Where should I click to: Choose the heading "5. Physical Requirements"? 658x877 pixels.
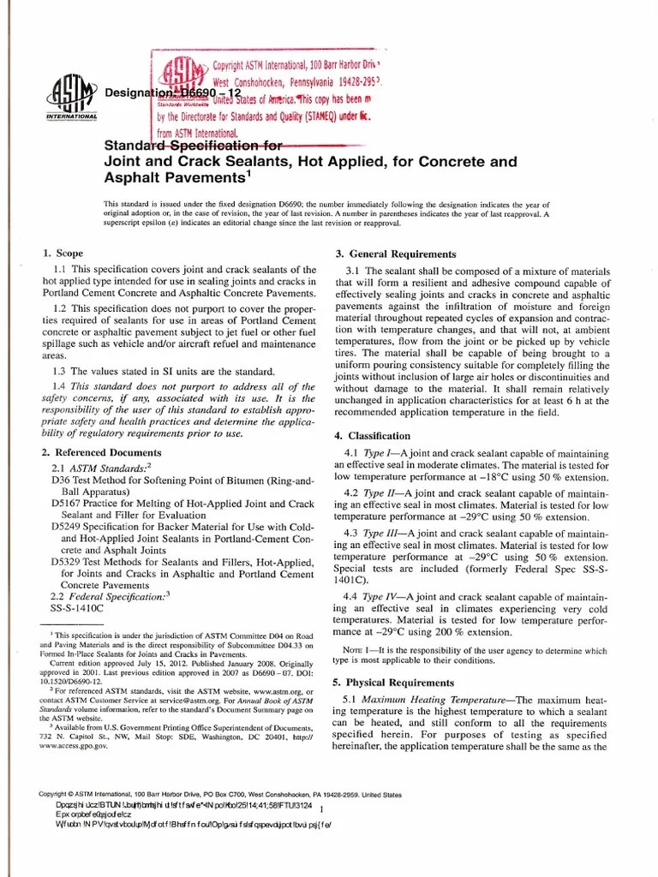pos(393,683)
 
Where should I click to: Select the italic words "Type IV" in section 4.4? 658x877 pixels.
pos(383,596)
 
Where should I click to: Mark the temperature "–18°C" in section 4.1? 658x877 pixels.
pos(476,476)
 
